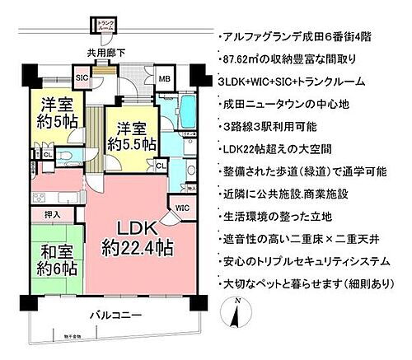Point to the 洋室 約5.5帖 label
point(130,136)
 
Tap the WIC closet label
point(182,208)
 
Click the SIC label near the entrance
point(82,77)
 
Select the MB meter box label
point(164,79)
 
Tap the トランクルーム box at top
point(105,26)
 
